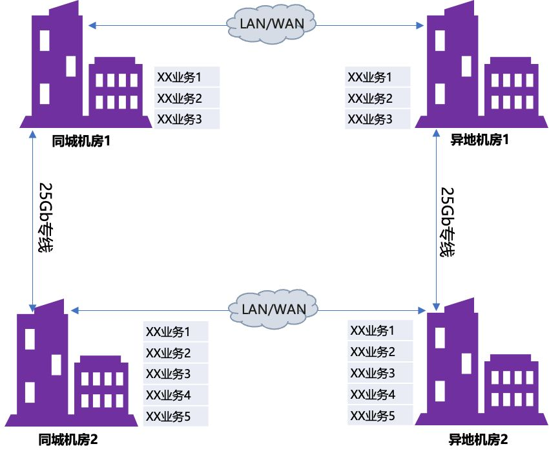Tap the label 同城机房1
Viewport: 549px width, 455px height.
82,140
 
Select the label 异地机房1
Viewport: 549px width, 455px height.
480,140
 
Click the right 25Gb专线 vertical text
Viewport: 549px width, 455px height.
447,222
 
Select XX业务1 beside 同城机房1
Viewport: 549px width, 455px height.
180,78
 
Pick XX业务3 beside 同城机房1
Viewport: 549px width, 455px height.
180,119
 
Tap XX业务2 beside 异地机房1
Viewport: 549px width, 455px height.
370,98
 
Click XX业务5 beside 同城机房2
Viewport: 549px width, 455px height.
169,416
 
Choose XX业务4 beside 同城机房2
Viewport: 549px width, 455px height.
169,394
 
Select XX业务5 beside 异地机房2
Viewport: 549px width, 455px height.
372,416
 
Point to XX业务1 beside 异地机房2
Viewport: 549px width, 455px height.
372,330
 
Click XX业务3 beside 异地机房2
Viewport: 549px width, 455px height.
372,373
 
